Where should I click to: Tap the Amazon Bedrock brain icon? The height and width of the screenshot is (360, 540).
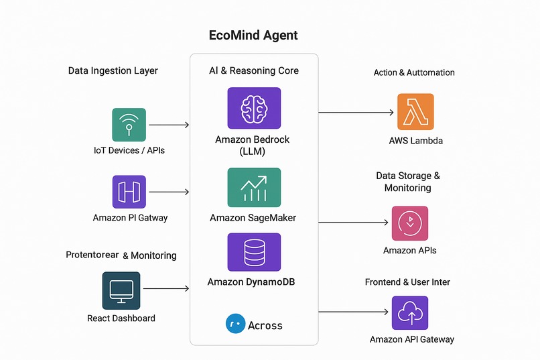[254, 108]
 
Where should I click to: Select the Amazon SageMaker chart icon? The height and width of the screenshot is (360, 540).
[254, 188]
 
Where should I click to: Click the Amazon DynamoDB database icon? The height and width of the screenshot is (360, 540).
[254, 252]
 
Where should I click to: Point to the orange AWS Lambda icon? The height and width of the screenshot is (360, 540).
[415, 111]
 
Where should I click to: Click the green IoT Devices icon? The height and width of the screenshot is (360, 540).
[129, 125]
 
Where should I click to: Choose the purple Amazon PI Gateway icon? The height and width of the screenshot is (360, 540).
[129, 192]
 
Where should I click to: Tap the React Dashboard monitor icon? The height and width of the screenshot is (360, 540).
[121, 290]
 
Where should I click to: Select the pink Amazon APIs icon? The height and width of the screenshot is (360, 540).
[409, 223]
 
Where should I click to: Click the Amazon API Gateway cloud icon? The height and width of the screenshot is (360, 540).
[409, 313]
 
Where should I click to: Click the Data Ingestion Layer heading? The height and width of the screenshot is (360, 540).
[113, 71]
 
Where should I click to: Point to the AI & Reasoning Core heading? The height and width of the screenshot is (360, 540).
[254, 71]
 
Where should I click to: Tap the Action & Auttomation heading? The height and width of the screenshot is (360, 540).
[414, 72]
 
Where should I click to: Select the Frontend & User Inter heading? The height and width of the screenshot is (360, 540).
[407, 282]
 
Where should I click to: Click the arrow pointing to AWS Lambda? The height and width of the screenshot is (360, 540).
[356, 113]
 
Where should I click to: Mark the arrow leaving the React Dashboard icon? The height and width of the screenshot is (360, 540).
[166, 289]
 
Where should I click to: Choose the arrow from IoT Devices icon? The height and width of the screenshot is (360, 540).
[169, 125]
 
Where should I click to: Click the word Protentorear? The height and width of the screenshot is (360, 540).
[92, 255]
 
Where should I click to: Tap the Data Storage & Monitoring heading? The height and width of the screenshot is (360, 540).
[407, 182]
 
